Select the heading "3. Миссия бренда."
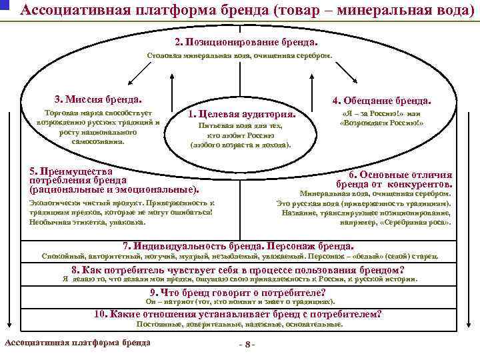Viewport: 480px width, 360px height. tap(98, 99)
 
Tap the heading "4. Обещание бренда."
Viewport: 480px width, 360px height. tap(382, 101)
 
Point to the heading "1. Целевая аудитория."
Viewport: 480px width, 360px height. tap(242, 113)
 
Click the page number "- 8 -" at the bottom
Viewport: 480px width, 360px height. tap(246, 345)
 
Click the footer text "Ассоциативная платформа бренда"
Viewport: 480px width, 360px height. tap(77, 343)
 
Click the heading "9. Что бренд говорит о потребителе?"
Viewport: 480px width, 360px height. tap(238, 293)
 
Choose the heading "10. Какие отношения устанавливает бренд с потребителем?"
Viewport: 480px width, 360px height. tap(238, 314)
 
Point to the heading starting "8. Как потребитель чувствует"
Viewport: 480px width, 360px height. tap(238, 270)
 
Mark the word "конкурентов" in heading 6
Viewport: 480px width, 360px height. tap(421, 184)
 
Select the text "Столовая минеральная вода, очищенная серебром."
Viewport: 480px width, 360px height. tap(238, 57)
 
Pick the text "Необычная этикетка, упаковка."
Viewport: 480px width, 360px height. tap(87, 221)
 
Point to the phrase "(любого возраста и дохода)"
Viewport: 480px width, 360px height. tap(241, 144)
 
